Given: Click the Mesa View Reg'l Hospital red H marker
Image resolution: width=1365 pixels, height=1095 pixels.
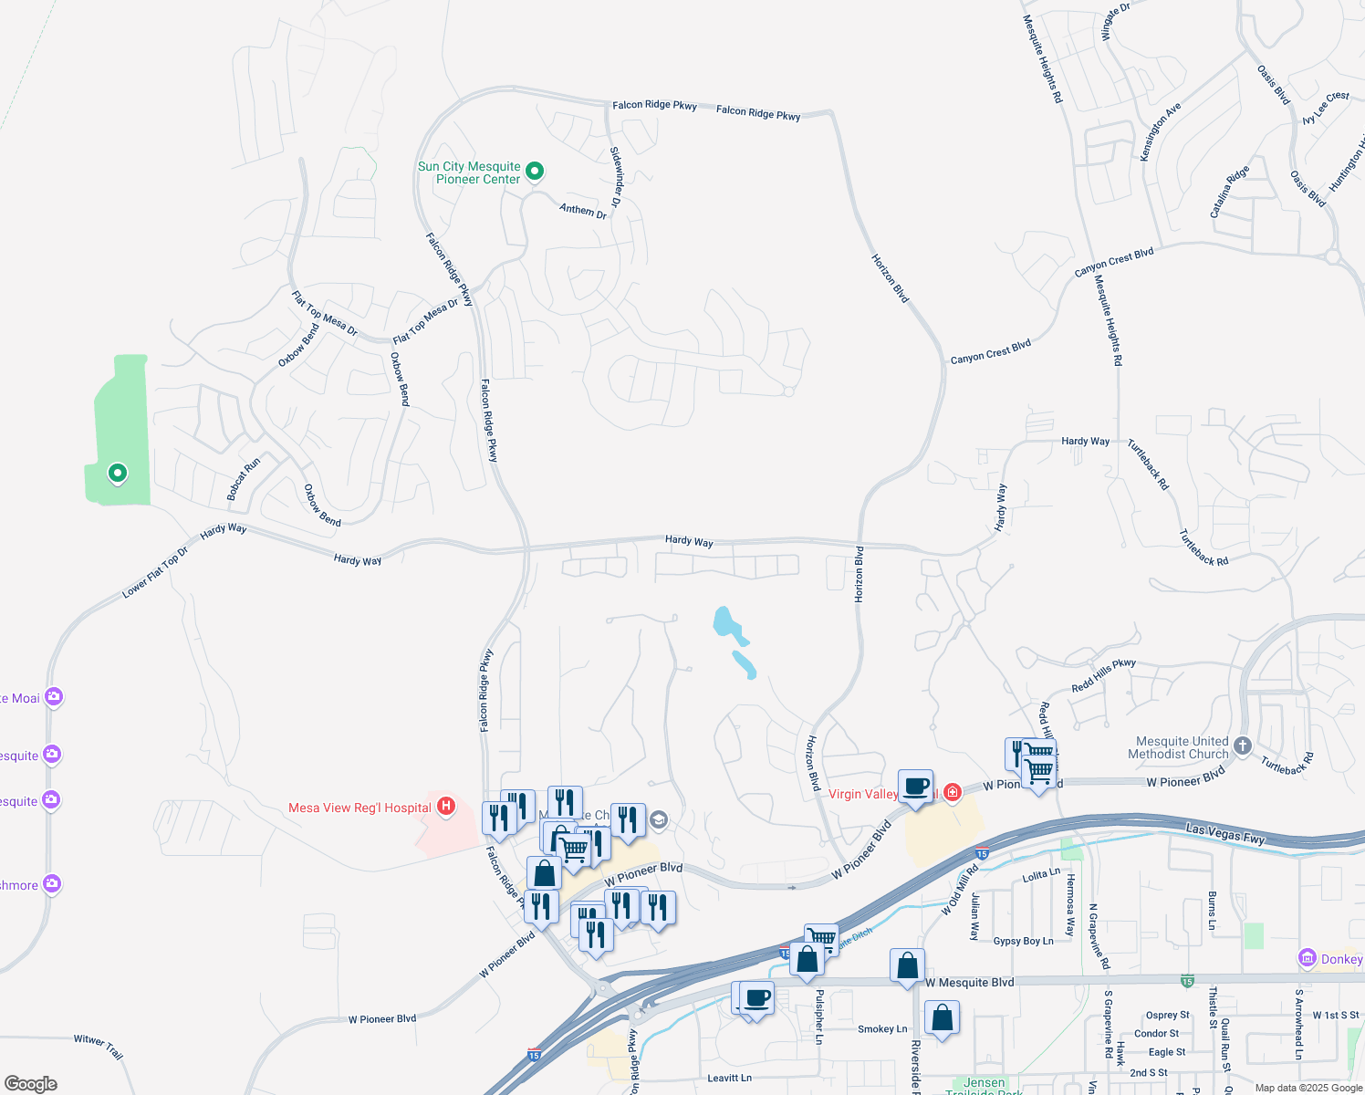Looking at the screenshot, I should [x=446, y=806].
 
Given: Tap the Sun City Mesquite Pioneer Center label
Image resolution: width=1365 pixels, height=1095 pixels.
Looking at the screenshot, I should [x=469, y=172].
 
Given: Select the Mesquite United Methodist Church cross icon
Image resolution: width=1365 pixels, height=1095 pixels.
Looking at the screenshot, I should [x=1242, y=746].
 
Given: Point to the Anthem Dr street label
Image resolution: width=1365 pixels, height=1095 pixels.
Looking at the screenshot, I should [x=583, y=211].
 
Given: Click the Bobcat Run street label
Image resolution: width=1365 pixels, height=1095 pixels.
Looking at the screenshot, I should [x=244, y=479].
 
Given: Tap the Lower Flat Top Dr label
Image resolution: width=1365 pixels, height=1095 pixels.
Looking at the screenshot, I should [x=155, y=573].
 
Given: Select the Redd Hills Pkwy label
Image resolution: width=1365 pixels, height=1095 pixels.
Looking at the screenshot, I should [x=1103, y=676].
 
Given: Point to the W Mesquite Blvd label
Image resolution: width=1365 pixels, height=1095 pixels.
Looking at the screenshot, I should [x=969, y=983].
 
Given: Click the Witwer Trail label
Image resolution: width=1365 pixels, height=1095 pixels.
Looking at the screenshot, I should [x=99, y=1046].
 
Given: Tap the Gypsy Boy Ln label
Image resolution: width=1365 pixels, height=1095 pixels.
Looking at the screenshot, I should [x=1023, y=941].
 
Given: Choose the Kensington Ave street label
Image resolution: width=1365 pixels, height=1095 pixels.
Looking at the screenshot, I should [x=1161, y=131].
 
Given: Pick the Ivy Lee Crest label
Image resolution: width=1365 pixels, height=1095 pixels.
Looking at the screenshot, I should [x=1325, y=108].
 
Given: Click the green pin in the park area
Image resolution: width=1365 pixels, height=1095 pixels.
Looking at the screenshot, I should [x=117, y=473].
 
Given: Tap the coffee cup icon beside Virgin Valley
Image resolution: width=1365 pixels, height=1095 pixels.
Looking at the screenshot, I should [x=916, y=786].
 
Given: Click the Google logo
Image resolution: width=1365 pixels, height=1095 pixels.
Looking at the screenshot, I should [x=30, y=1084].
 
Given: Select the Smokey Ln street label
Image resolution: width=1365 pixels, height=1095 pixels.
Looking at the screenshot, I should [x=882, y=1029].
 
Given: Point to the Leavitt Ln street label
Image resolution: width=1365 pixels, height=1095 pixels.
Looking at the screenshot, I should [x=729, y=1078].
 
